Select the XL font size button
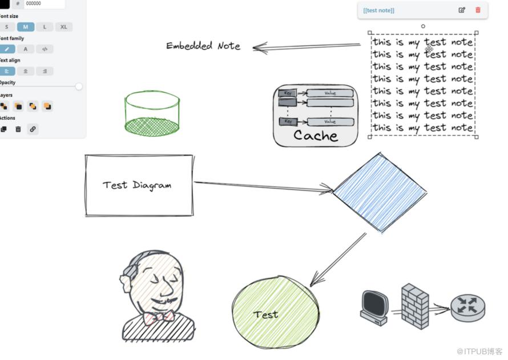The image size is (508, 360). click(x=63, y=27)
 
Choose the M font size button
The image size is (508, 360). click(x=25, y=27)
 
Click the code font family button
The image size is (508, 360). click(x=45, y=49)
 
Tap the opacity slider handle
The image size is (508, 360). click(x=79, y=87)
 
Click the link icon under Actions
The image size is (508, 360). click(x=33, y=129)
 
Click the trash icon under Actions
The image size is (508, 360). click(x=18, y=129)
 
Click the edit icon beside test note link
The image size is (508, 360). click(x=462, y=10)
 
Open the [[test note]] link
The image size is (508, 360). click(x=378, y=10)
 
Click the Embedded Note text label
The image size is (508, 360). click(x=203, y=46)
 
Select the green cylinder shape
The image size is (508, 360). click(x=152, y=112)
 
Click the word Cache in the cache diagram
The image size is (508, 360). click(x=316, y=135)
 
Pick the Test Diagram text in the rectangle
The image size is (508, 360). click(x=137, y=185)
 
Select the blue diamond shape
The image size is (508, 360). click(x=380, y=192)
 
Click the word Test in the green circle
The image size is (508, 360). click(x=265, y=314)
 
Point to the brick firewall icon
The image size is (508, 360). click(x=415, y=306)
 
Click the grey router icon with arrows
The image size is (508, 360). click(x=467, y=306)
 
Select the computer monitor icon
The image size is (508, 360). click(x=374, y=306)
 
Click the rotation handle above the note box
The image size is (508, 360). click(x=423, y=26)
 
